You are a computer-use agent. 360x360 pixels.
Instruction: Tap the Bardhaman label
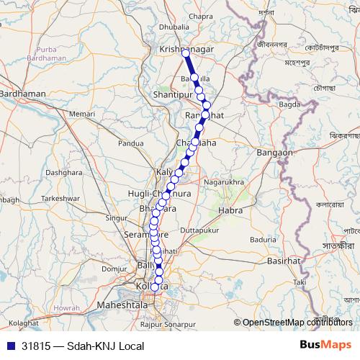[23, 94]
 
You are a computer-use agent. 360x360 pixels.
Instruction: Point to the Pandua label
[131, 143]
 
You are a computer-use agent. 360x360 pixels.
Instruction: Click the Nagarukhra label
[224, 183]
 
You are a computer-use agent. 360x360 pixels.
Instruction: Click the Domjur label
[114, 268]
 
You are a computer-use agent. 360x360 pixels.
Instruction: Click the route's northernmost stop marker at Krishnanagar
[186, 53]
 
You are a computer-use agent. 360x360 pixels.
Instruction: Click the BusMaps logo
[326, 345]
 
